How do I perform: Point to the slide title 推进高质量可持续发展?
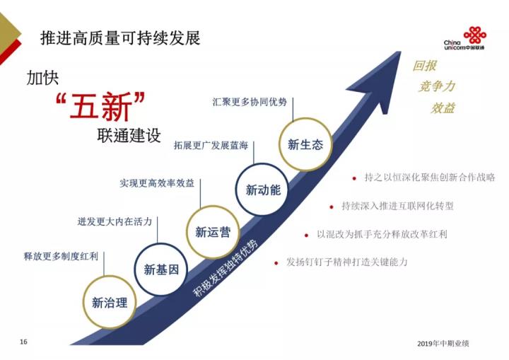click(x=120, y=38)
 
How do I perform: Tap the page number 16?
click(x=23, y=342)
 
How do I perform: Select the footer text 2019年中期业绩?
click(x=443, y=344)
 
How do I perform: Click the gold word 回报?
click(x=425, y=66)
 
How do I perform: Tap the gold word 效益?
click(x=443, y=108)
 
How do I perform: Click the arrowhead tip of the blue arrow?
click(x=401, y=52)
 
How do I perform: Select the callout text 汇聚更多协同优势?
click(x=250, y=102)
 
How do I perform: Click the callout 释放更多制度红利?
click(x=61, y=256)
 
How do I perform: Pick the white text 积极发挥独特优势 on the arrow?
click(x=226, y=268)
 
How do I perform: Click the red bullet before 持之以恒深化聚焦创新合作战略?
click(x=354, y=178)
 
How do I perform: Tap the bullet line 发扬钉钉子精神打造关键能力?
click(x=346, y=262)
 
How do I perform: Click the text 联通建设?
click(x=129, y=135)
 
